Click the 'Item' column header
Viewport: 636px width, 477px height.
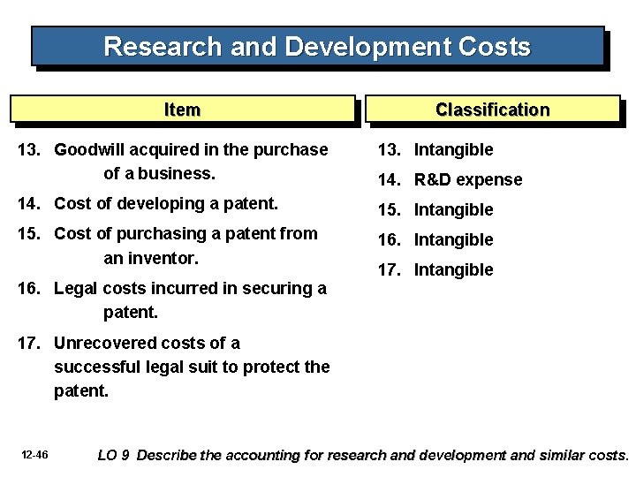click(x=182, y=110)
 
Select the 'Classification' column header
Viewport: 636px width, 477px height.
click(x=491, y=110)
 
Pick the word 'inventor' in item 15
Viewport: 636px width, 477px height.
click(x=163, y=259)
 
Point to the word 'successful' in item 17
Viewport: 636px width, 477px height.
click(x=94, y=366)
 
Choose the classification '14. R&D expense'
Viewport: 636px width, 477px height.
click(x=450, y=180)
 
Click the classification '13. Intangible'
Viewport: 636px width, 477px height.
click(x=435, y=150)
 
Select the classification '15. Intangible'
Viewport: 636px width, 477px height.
click(x=435, y=210)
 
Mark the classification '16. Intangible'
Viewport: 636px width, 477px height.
click(x=435, y=239)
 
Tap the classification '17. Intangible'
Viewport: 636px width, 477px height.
click(x=435, y=269)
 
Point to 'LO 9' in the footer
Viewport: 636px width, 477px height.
click(x=114, y=456)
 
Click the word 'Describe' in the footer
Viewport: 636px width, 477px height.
click(x=168, y=456)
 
